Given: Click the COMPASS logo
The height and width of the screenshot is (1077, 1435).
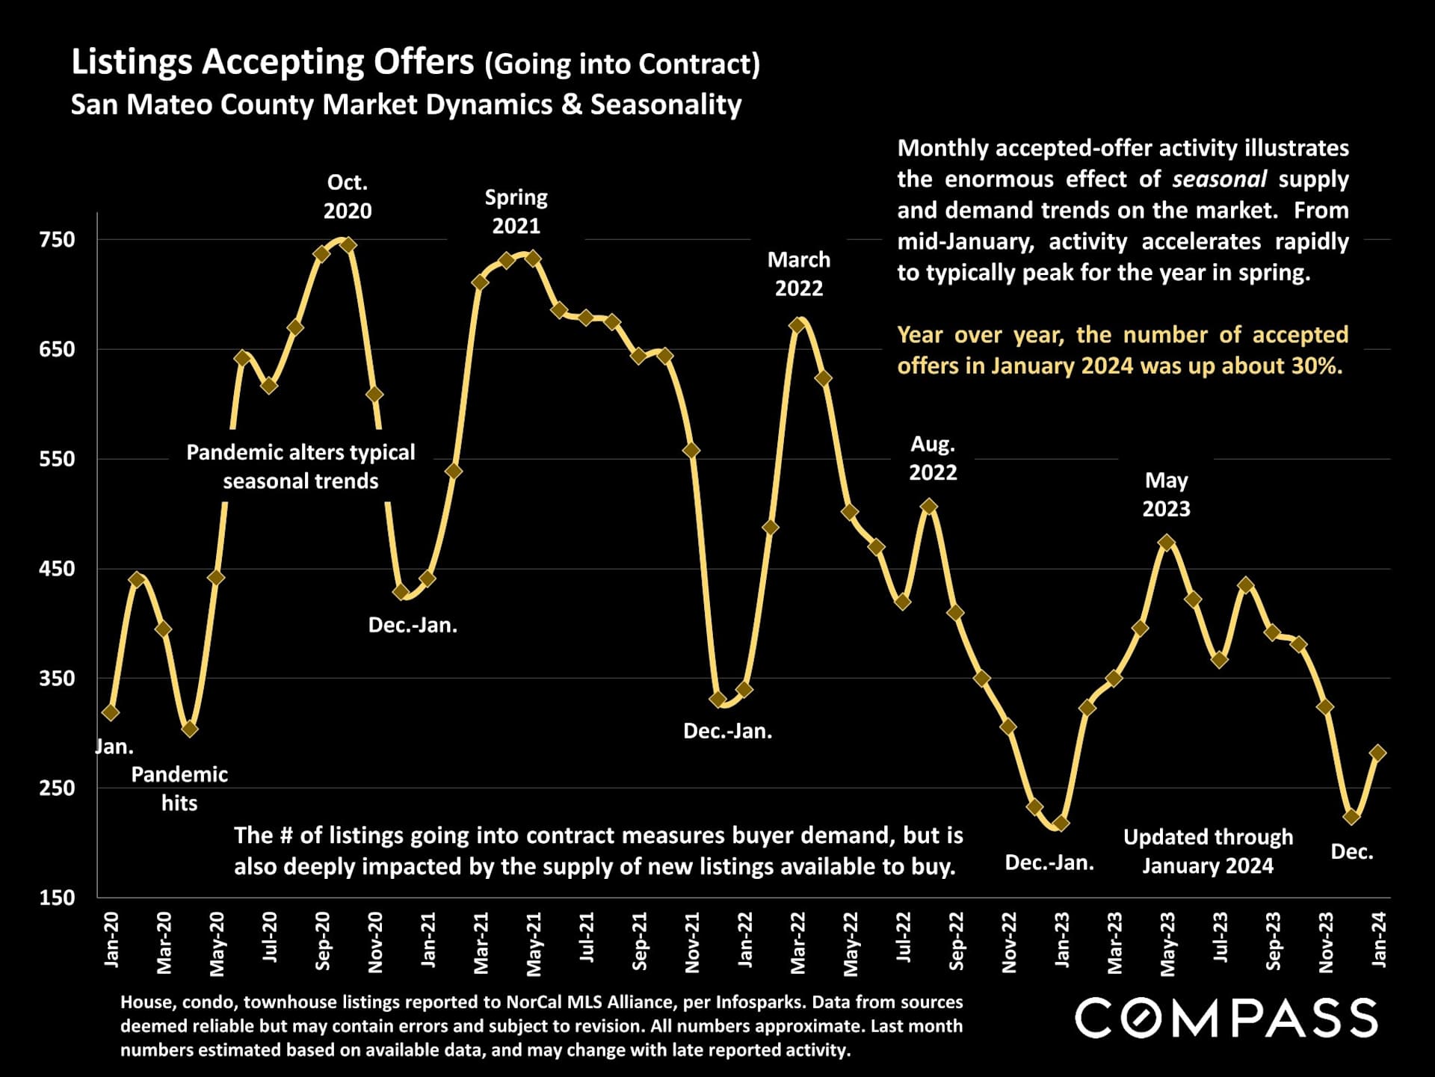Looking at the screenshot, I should tap(1226, 1018).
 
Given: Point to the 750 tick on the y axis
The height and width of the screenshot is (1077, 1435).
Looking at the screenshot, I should tap(58, 240).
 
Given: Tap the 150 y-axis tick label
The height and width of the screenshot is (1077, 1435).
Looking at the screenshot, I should tap(58, 898).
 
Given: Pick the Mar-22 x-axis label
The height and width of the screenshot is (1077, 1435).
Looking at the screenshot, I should tap(798, 942).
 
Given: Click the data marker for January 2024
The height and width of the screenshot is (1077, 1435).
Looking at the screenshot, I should tap(1377, 753).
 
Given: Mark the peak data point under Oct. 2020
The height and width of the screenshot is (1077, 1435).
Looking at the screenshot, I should tap(348, 245).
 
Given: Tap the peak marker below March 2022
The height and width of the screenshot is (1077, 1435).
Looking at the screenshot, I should tap(798, 325).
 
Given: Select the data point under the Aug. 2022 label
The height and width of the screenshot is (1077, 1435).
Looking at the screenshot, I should tap(929, 507).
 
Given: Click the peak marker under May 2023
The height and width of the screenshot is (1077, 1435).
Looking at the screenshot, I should tap(1167, 543).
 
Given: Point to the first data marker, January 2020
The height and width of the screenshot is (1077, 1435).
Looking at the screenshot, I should tap(111, 713).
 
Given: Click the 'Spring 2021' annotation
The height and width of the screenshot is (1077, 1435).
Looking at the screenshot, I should tap(516, 212).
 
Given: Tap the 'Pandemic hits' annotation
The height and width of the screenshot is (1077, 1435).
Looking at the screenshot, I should tap(179, 789).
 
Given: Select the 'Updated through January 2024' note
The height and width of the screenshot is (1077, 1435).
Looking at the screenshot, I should tap(1208, 851).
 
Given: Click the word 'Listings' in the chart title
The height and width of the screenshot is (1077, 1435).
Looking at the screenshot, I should tap(132, 63).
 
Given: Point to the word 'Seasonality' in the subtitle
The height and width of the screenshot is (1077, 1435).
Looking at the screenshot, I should tap(666, 105).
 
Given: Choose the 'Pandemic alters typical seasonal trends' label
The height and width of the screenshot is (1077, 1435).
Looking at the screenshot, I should tap(300, 466).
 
